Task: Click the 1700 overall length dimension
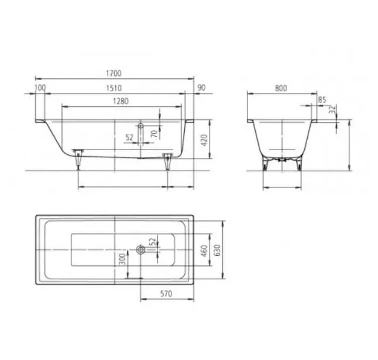[x=114, y=73]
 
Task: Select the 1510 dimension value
[x=114, y=88]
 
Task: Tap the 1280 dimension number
[x=121, y=101]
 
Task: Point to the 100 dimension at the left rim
[x=40, y=88]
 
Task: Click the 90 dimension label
[x=201, y=88]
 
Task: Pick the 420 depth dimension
[x=204, y=140]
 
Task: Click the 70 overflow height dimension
[x=154, y=133]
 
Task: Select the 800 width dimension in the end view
[x=281, y=88]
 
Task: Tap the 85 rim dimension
[x=322, y=100]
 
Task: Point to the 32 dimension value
[x=333, y=109]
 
